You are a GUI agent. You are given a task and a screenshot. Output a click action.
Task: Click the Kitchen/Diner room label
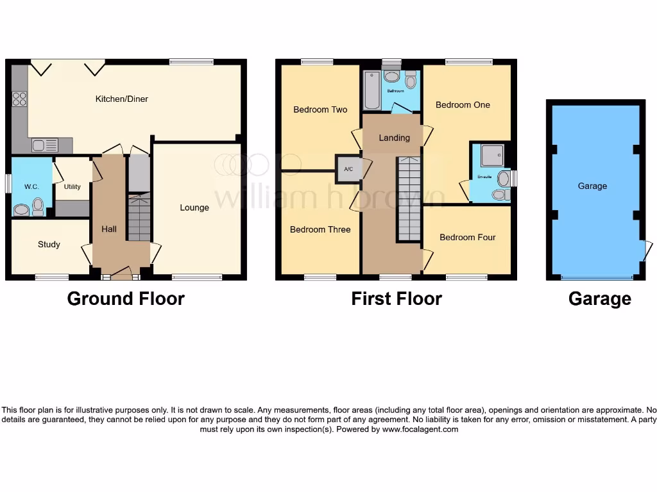[x=122, y=99]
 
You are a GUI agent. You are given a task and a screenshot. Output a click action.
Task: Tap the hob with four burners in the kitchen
[x=19, y=99]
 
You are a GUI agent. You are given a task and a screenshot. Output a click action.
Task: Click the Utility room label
[x=72, y=187]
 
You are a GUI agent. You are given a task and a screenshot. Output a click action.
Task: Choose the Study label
[x=49, y=244]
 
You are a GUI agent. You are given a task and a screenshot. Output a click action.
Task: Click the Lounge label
[x=194, y=208]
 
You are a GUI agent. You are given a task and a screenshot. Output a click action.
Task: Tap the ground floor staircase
[x=139, y=218]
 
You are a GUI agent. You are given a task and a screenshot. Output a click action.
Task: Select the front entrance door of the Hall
[x=120, y=277]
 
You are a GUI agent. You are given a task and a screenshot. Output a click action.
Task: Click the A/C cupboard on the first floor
[x=349, y=169]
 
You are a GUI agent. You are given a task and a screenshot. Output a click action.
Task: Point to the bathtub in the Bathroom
[x=371, y=91]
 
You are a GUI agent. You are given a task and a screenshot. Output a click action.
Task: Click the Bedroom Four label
[x=467, y=238]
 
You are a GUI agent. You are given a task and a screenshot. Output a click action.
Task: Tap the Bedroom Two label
[x=320, y=110]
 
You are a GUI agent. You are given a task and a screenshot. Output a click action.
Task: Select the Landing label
[x=394, y=138]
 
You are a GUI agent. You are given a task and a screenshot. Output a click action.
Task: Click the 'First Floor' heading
[x=397, y=299]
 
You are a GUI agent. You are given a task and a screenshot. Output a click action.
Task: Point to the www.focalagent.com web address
[x=420, y=429]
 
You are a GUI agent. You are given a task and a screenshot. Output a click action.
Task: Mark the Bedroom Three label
[x=320, y=229]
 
